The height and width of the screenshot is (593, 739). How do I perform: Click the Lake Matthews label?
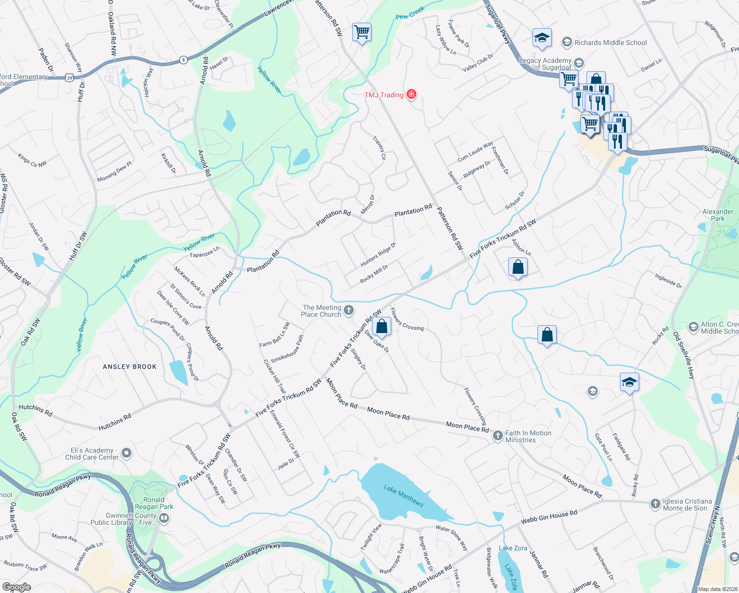click(x=404, y=495)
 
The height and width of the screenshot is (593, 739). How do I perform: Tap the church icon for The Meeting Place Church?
click(x=349, y=310)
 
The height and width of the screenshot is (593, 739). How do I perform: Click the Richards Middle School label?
click(x=611, y=42)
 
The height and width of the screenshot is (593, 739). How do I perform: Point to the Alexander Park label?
click(x=718, y=215)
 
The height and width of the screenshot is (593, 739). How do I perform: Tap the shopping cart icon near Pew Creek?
click(x=362, y=33)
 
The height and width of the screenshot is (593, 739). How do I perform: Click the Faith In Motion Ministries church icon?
click(x=497, y=436)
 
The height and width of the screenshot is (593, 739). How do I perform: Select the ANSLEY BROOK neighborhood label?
click(x=129, y=367)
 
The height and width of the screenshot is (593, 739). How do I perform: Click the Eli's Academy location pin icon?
click(x=126, y=453)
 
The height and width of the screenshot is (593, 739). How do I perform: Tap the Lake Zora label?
click(x=513, y=548)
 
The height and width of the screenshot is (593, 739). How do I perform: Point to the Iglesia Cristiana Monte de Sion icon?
click(x=655, y=504)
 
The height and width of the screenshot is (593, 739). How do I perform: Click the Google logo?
click(x=16, y=587)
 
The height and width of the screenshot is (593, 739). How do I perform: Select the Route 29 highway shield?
click(x=70, y=78)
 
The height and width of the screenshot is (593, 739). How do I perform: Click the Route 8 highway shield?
click(x=183, y=60)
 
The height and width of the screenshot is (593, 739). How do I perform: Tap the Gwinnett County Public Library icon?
click(x=164, y=518)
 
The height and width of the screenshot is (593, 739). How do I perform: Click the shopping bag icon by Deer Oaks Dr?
click(x=382, y=327)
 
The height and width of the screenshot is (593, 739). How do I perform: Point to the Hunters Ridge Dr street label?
click(x=378, y=254)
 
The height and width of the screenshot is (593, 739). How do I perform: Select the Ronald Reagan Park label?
click(x=154, y=503)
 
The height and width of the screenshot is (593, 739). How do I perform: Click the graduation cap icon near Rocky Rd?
click(x=629, y=382)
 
